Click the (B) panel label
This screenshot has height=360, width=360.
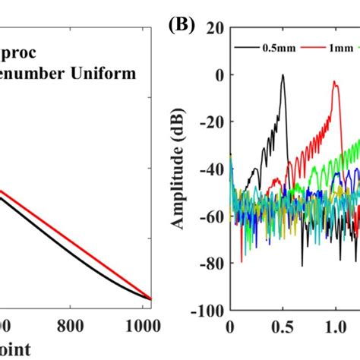(182, 25)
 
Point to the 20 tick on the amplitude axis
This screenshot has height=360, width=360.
(212, 27)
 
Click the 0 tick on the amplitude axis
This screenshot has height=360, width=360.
(216, 75)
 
